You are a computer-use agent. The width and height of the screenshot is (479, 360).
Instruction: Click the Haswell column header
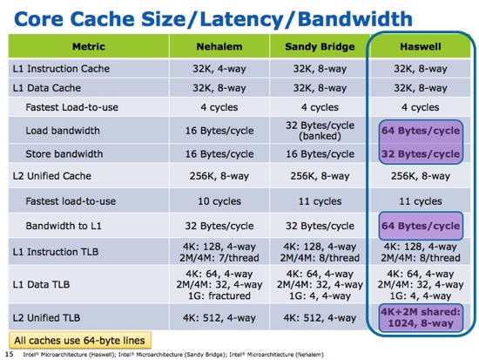pos(421,46)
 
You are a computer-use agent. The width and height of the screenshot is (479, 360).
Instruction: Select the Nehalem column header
pos(219,46)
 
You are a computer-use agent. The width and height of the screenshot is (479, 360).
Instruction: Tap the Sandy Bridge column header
pos(320,46)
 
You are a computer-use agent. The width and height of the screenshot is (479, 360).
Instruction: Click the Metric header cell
pos(89,46)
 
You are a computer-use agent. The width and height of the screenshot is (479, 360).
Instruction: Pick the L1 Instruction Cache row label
pos(61,69)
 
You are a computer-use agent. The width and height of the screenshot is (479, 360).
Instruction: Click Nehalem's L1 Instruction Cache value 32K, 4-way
pos(219,69)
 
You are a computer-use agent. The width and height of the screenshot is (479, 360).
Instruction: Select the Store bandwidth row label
pos(64,153)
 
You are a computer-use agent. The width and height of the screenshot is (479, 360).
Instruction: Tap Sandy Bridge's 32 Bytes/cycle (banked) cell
pos(320,131)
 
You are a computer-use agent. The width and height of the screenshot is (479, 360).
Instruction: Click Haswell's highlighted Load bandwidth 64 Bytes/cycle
pos(421,131)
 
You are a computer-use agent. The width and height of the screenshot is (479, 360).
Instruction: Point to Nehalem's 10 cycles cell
pos(219,201)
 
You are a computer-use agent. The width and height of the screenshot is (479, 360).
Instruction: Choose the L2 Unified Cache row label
pos(52,176)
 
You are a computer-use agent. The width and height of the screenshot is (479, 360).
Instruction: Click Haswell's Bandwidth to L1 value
pos(421,226)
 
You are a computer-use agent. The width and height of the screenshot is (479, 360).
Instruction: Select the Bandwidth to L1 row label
pos(64,226)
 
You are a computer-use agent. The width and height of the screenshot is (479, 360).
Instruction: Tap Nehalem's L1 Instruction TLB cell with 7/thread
pos(219,252)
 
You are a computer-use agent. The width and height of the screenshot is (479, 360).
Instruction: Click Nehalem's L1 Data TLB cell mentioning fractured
pos(219,285)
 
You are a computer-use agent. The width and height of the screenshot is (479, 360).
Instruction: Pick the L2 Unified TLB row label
pos(46,318)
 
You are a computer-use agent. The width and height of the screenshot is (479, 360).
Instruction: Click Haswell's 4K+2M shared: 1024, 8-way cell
pos(421,318)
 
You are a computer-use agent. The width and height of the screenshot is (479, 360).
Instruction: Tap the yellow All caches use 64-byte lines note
pos(80,341)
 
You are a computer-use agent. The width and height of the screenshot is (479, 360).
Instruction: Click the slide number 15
pos(10,354)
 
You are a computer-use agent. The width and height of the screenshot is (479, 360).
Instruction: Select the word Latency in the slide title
pos(241,18)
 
